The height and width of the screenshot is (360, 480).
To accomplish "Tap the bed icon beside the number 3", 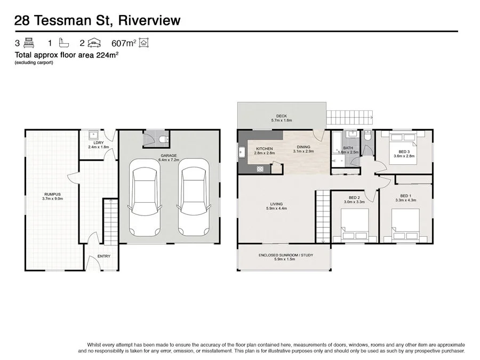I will [x=29, y=43].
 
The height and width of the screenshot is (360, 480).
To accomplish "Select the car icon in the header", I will [x=94, y=43].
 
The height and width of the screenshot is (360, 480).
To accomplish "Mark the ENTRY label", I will [x=104, y=257].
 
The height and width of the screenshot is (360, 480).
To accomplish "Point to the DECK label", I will [x=281, y=116].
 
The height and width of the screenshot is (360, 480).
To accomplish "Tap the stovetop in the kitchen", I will [x=260, y=169].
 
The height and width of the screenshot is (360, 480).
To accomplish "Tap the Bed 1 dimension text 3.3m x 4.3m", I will [x=405, y=201].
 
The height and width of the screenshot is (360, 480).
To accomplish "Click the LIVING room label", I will [x=276, y=203].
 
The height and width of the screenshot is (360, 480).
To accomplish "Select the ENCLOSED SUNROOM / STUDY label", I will [x=285, y=255].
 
